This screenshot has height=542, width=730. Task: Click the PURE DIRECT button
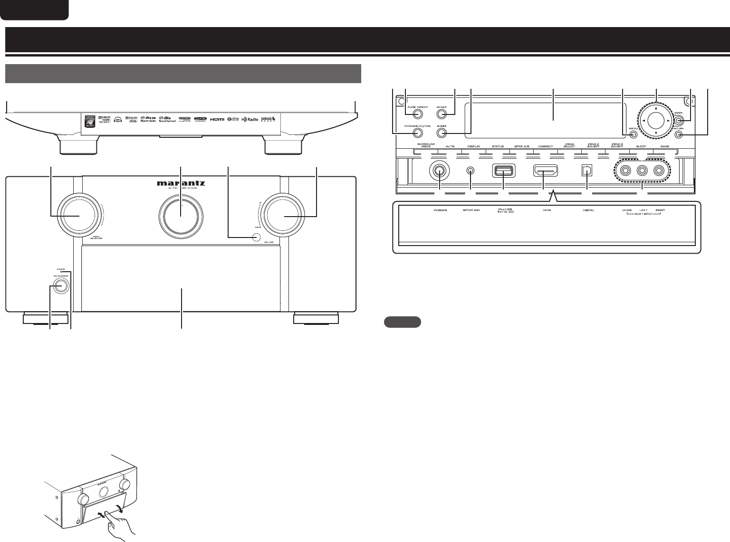pos(417,114)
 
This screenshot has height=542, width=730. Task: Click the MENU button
pos(633,134)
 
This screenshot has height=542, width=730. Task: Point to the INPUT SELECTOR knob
pos(78,216)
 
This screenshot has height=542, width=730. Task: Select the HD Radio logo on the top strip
pos(250,119)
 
